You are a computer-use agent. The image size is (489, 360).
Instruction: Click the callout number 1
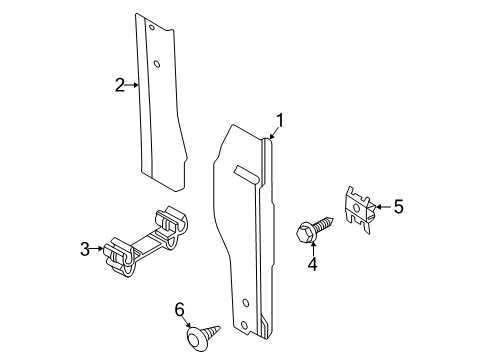coord(281,122)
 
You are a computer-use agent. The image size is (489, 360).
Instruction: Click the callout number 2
coord(119,85)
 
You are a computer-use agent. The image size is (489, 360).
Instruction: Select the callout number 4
coord(312,264)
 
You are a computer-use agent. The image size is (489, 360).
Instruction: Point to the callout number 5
coord(397,207)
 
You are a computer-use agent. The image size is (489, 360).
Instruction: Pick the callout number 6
coord(180,311)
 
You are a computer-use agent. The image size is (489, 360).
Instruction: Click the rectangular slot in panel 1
coord(245,172)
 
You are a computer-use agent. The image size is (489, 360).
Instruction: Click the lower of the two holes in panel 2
coord(158,65)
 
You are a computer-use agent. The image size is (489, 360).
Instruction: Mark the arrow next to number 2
coord(132,86)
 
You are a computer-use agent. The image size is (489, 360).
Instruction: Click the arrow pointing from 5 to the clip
coord(381,208)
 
